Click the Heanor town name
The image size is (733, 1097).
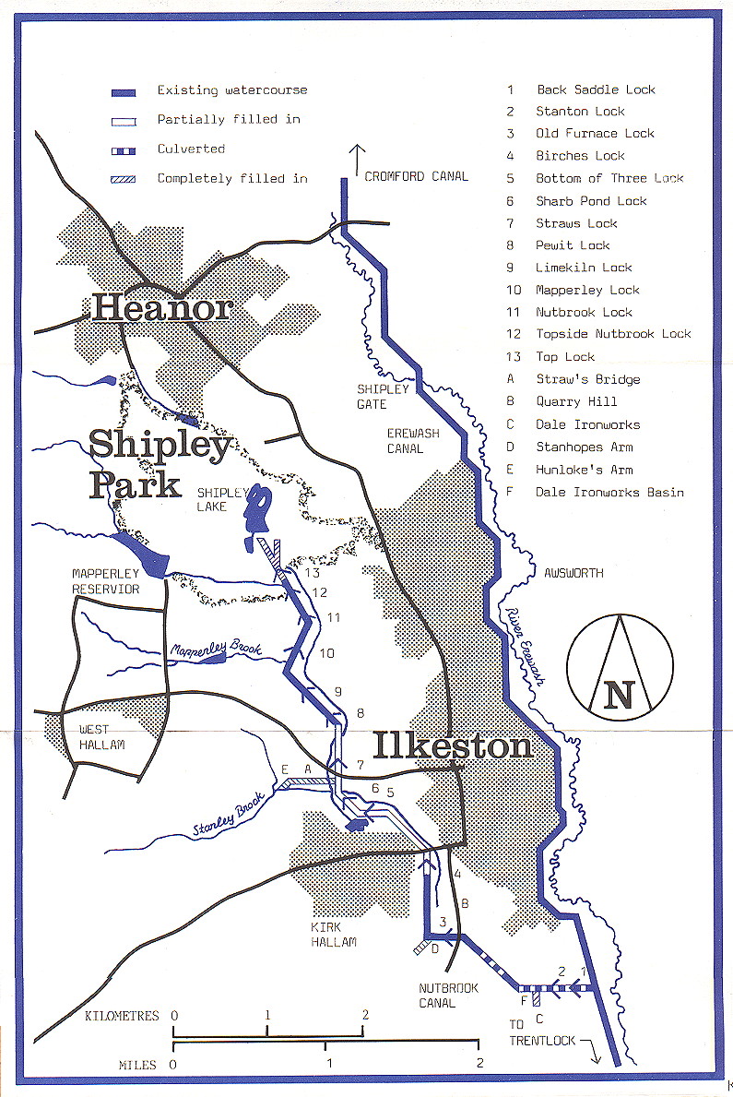(x=161, y=307)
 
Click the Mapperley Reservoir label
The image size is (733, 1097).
(x=106, y=581)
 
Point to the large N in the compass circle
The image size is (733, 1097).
(x=620, y=694)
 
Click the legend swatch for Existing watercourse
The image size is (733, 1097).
(x=124, y=92)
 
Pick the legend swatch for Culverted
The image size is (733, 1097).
(x=124, y=149)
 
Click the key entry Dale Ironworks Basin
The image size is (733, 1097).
(x=609, y=493)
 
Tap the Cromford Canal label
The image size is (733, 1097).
(x=416, y=176)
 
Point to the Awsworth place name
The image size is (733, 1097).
(x=573, y=573)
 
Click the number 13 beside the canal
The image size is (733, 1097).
(x=313, y=573)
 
